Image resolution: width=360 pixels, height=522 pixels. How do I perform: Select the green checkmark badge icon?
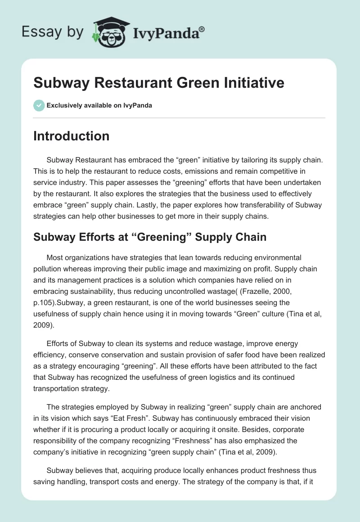[39, 105]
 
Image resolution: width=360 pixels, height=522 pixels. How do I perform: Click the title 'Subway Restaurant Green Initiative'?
[159, 83]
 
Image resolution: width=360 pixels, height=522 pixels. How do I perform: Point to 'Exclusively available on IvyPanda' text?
[99, 106]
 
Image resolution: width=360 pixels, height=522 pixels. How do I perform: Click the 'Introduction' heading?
[71, 136]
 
